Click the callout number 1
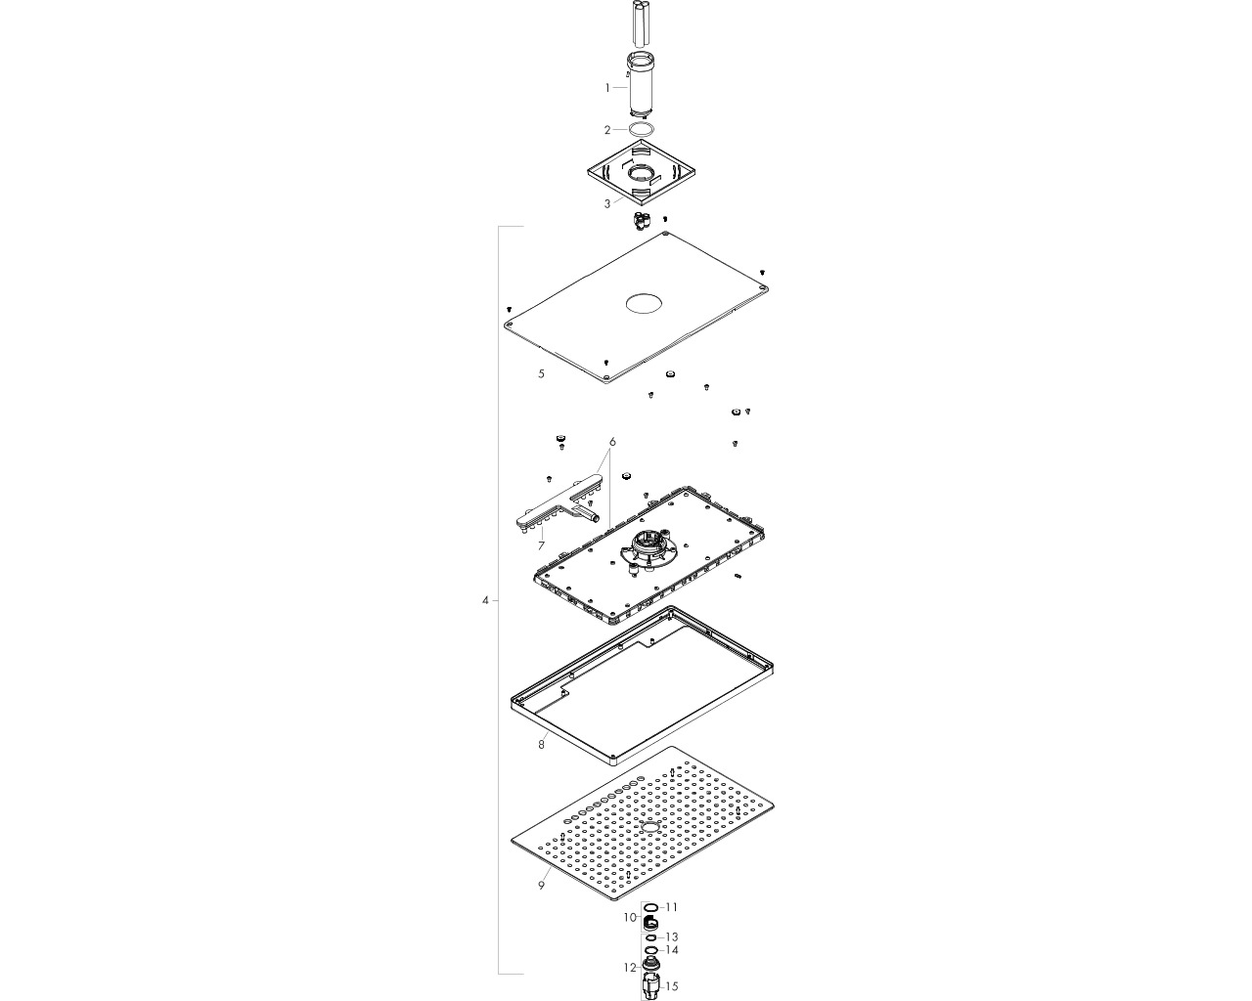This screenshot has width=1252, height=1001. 607,88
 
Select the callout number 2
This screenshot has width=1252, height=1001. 607,130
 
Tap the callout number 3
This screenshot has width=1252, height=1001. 607,203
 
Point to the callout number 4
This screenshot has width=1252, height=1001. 485,600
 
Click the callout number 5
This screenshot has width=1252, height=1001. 541,373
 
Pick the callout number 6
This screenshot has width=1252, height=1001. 612,442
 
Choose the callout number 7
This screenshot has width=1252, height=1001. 541,545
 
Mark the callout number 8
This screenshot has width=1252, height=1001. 541,744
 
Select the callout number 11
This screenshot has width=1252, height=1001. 671,907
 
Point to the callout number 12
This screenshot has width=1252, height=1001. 630,968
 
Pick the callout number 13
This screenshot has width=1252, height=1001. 671,937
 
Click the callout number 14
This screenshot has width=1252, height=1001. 671,950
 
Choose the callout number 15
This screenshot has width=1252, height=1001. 671,986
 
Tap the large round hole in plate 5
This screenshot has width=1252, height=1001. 644,304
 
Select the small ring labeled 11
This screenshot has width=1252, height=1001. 652,907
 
